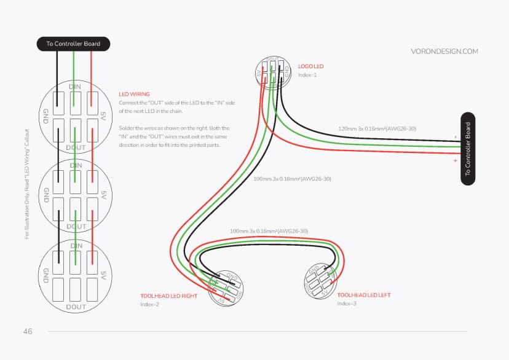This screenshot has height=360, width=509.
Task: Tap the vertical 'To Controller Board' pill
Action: click(468, 148)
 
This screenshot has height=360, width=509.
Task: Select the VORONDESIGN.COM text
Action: click(444, 52)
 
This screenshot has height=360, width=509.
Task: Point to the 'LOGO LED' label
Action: click(310, 66)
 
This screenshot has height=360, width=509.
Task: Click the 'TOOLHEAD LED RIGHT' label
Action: click(168, 295)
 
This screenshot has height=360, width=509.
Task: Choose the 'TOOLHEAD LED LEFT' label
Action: click(364, 295)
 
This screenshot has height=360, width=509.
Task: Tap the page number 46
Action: click(28, 331)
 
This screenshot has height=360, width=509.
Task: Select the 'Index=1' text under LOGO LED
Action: click(307, 75)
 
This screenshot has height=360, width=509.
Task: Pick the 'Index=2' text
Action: click(150, 305)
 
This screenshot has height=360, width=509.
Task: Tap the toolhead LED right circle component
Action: click(226, 288)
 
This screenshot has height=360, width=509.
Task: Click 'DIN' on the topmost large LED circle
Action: click(76, 87)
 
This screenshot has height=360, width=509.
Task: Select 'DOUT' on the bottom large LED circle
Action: click(76, 306)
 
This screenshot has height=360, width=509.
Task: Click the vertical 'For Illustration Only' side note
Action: click(26, 183)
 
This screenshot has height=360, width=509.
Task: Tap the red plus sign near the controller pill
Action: click(456, 160)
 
